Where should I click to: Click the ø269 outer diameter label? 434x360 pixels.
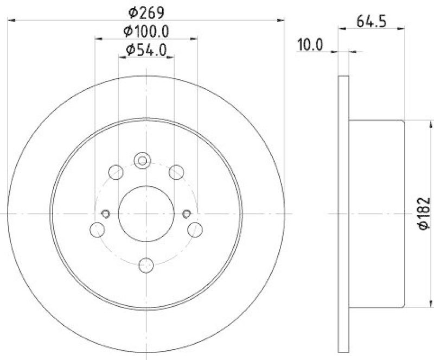(x=146, y=11)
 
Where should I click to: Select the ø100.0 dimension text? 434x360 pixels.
(x=145, y=31)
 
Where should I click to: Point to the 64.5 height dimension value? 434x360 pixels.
(x=372, y=22)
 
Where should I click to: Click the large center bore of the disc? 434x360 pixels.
(x=145, y=214)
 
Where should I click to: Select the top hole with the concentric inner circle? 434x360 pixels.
(x=142, y=160)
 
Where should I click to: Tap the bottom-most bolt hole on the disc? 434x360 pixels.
(x=146, y=266)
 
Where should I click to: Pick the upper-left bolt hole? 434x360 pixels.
(x=116, y=173)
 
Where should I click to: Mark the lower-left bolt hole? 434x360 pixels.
(x=97, y=230)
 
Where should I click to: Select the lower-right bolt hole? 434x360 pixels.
(x=195, y=230)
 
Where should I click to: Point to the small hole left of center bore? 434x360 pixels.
(x=105, y=213)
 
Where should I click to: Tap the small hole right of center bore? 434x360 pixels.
(x=187, y=213)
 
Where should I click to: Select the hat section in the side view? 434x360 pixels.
(x=376, y=214)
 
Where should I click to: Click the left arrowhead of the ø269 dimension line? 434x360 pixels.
(x=11, y=20)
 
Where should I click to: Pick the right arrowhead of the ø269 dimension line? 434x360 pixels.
(x=280, y=20)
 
